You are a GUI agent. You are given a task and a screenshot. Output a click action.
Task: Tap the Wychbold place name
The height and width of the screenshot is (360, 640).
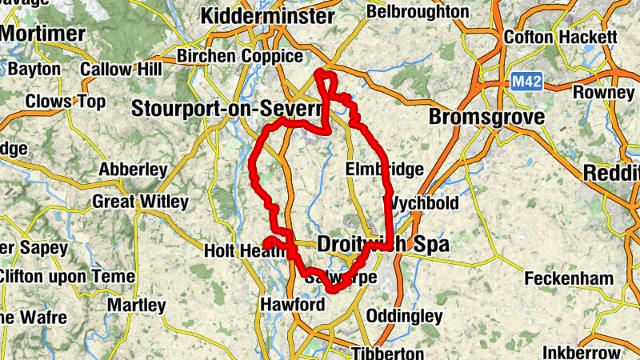tap(422, 203)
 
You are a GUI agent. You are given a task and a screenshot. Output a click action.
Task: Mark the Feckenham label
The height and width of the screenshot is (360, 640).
tap(569, 279)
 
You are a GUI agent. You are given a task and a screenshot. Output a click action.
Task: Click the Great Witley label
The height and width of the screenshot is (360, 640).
tap(140, 202)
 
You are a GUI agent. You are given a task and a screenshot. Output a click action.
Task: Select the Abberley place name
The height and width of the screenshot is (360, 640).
tap(133, 170)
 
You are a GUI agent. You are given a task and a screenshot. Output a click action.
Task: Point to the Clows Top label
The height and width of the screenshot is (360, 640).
tap(66, 102)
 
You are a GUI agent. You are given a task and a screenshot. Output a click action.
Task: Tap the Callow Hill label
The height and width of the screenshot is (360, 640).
tap(121, 70)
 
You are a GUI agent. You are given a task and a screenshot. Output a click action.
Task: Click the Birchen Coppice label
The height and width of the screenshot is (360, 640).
tap(240, 57)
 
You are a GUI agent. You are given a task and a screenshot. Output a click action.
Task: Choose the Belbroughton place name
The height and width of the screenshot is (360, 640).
tap(418, 12)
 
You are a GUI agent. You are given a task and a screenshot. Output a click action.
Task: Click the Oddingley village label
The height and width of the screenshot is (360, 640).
tap(404, 316)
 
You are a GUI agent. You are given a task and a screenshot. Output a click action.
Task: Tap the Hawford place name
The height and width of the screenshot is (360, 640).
tap(292, 305)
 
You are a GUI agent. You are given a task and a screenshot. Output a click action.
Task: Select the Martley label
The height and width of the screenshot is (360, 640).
tap(136, 305)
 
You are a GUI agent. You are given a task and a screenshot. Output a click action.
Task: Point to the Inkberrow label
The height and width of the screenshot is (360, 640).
tap(581, 352)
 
